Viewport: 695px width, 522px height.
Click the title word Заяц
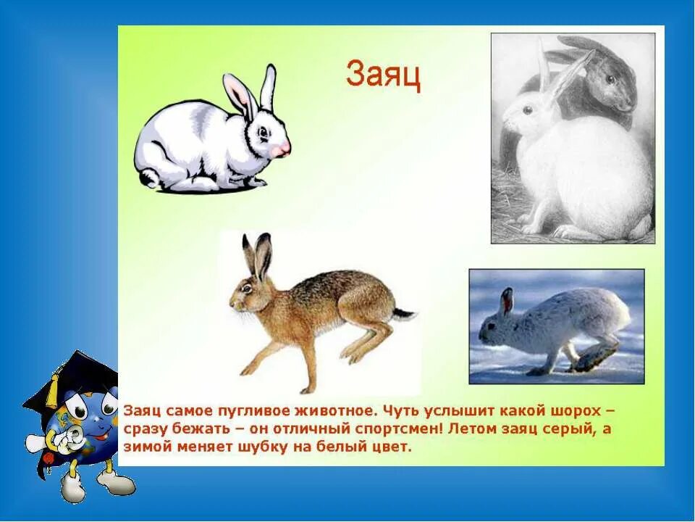[383, 75]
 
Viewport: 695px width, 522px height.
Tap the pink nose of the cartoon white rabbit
[283, 149]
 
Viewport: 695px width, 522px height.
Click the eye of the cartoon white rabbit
[264, 131]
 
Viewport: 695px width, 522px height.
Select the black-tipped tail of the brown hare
[405, 314]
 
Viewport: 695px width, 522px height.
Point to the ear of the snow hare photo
[506, 300]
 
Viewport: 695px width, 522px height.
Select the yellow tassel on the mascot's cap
[52, 392]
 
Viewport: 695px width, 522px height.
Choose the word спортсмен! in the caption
[402, 428]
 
